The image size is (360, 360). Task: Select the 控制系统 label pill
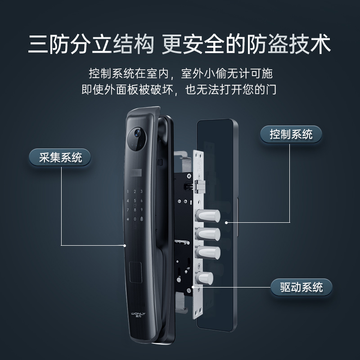(x=291, y=134)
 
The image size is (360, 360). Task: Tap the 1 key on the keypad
(x=128, y=192)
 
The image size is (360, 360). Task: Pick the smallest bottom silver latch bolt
(x=205, y=277)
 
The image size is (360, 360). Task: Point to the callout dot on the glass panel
(x=227, y=222)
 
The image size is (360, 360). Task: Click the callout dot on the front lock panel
(x=125, y=246)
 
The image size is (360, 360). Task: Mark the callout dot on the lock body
(x=193, y=287)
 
